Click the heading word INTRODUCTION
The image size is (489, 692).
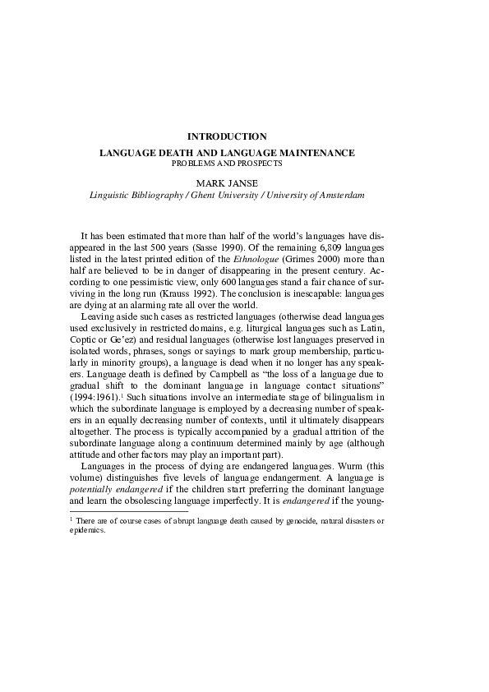click(x=227, y=136)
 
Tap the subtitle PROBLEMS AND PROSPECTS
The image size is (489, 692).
click(x=227, y=164)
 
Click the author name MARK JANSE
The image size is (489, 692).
click(x=227, y=182)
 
